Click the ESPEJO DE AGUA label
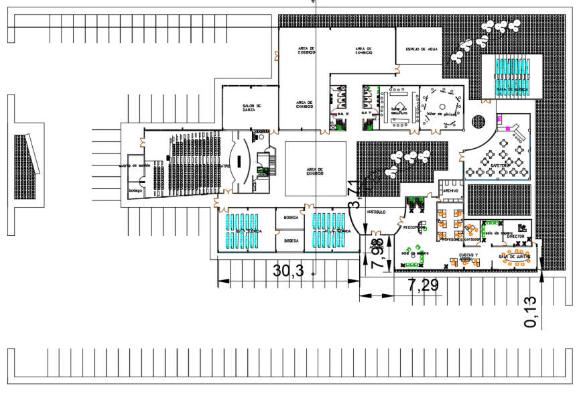click(x=419, y=49)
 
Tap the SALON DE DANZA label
click(x=251, y=109)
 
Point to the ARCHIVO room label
click(x=450, y=192)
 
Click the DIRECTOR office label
click(x=515, y=237)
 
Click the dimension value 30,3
click(x=289, y=271)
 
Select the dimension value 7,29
click(x=424, y=286)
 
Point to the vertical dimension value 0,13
click(x=531, y=313)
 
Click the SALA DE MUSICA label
click(x=510, y=88)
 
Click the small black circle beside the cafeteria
click(x=478, y=122)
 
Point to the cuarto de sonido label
click(x=133, y=165)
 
